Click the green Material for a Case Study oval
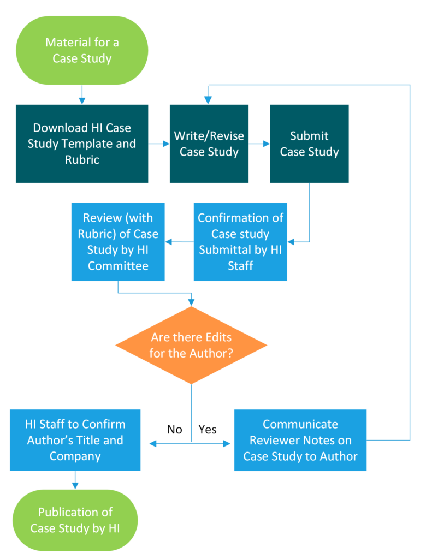[82, 50]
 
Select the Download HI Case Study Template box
[82, 144]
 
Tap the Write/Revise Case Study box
[209, 144]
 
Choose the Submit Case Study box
[309, 144]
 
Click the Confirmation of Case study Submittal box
[240, 242]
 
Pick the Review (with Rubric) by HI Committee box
[118, 242]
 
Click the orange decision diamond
[191, 345]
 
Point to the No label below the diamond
[174, 430]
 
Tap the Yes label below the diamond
[208, 430]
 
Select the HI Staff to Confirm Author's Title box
[75, 441]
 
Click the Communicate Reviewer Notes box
[300, 441]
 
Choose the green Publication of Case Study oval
[75, 520]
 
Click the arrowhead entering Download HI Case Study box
[82, 101]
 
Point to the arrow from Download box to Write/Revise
[159, 144]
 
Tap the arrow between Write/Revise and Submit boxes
[259, 144]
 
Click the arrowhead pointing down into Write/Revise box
[208, 100]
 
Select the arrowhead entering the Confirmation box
[291, 242]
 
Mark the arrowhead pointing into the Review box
[168, 242]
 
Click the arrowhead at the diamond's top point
[191, 302]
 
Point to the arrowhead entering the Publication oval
[75, 486]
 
